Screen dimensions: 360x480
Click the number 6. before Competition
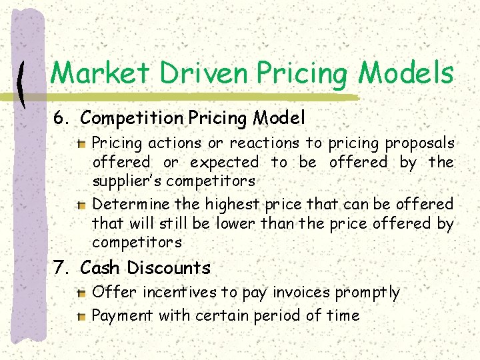click(63, 119)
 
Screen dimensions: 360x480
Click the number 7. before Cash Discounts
click(63, 268)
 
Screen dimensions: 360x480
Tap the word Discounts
click(169, 268)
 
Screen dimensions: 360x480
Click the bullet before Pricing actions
click(81, 143)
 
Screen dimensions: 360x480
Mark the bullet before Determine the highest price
click(81, 204)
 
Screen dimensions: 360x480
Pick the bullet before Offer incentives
click(81, 293)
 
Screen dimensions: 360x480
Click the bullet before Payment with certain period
click(81, 316)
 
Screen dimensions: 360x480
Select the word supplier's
click(127, 181)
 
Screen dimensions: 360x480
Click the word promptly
click(367, 293)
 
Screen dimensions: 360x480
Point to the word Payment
click(123, 315)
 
